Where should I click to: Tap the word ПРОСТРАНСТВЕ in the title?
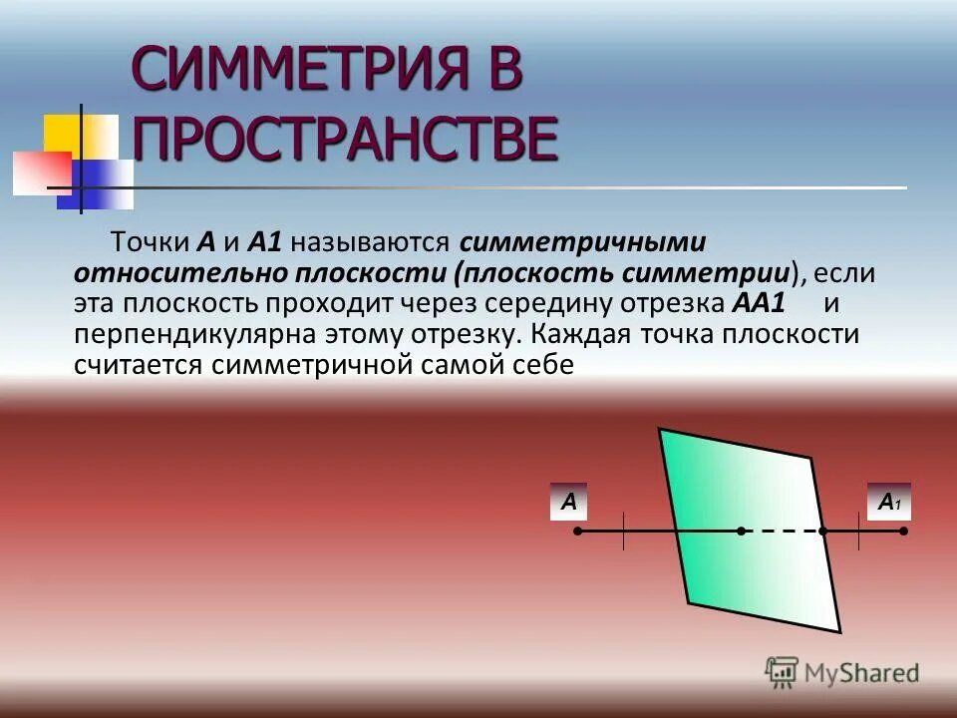tap(344, 140)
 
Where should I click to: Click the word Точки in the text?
tap(150, 242)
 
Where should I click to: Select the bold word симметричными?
tap(583, 242)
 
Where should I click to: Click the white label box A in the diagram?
tap(569, 502)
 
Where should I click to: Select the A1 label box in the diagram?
tap(888, 502)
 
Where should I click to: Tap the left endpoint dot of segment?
tap(578, 532)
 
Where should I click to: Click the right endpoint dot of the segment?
tap(903, 532)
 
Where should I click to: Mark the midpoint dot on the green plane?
tap(741, 532)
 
